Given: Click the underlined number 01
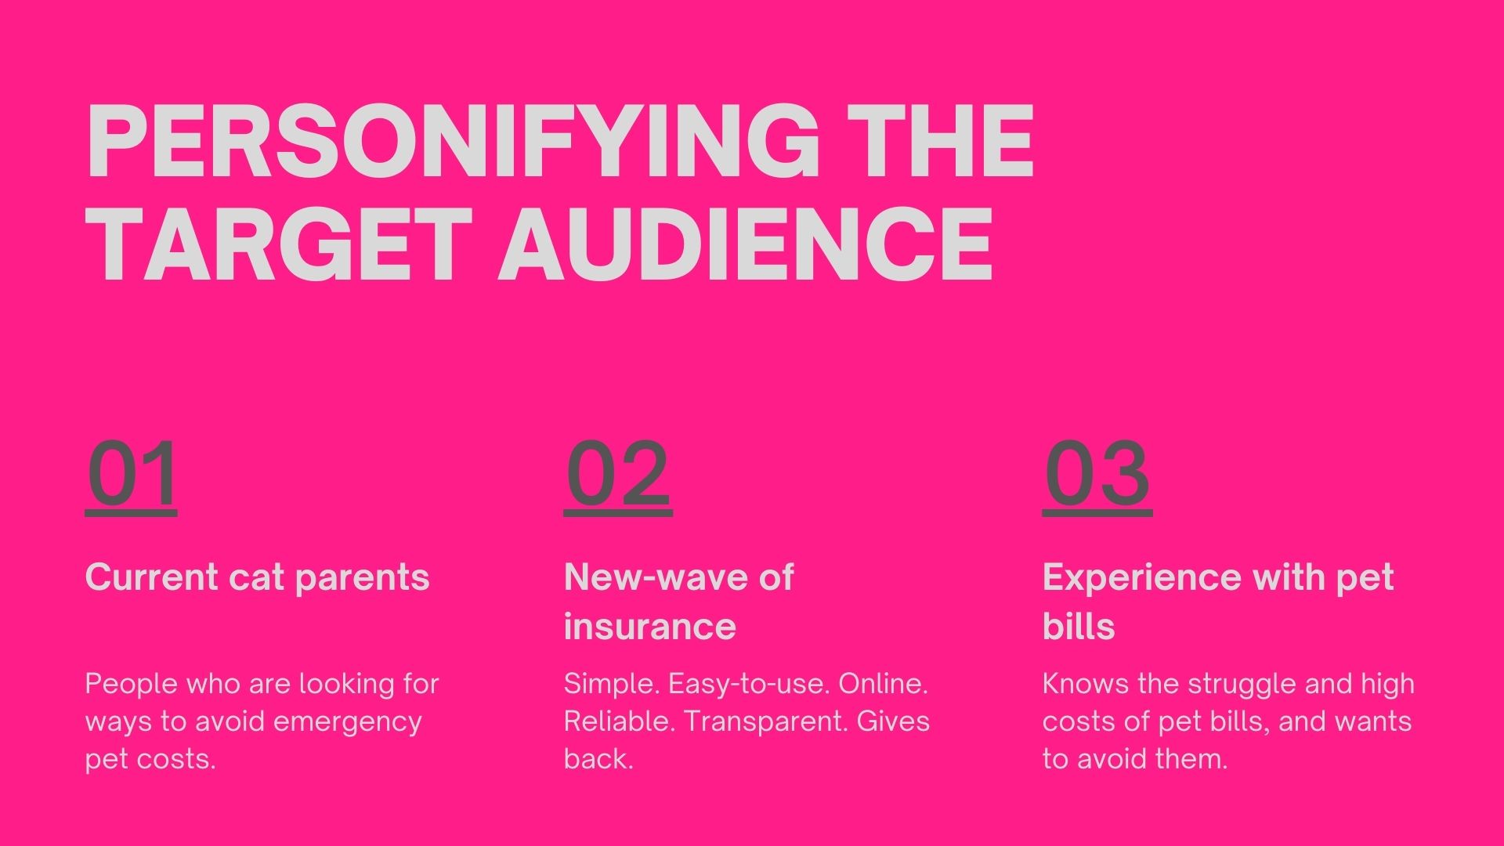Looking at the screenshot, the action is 132,475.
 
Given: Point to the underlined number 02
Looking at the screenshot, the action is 618,475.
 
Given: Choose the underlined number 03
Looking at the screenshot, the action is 1097,475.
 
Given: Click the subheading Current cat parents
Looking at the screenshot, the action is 258,578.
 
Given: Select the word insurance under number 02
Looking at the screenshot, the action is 650,627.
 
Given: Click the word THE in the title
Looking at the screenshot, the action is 942,141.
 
